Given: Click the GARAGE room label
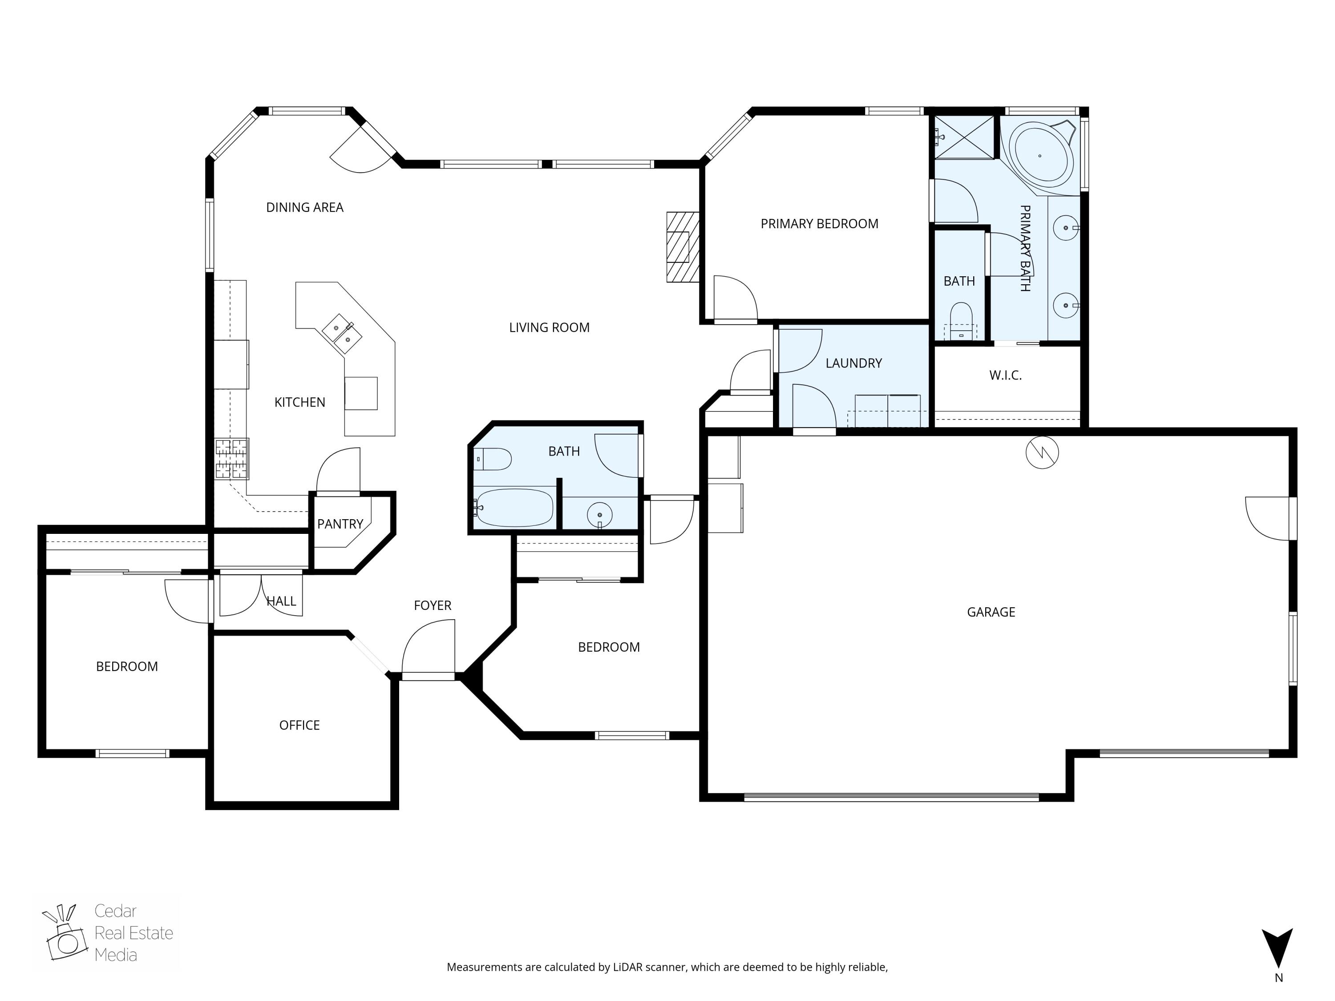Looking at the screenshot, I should pyautogui.click(x=991, y=612).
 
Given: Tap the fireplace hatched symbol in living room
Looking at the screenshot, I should pyautogui.click(x=682, y=247).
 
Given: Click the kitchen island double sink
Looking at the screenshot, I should pyautogui.click(x=342, y=334).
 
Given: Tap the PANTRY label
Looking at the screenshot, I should pyautogui.click(x=340, y=524).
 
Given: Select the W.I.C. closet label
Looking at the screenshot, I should pyautogui.click(x=1005, y=375).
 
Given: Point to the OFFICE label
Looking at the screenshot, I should pyautogui.click(x=299, y=725).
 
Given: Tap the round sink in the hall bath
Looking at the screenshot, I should pyautogui.click(x=599, y=515).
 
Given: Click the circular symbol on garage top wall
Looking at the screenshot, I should pyautogui.click(x=1042, y=452).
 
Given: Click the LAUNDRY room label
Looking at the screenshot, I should pyautogui.click(x=854, y=363).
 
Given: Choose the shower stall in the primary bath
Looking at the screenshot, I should pyautogui.click(x=964, y=137).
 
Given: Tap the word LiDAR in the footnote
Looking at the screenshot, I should pyautogui.click(x=627, y=967).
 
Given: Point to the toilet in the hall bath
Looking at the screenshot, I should pyautogui.click(x=493, y=459).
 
